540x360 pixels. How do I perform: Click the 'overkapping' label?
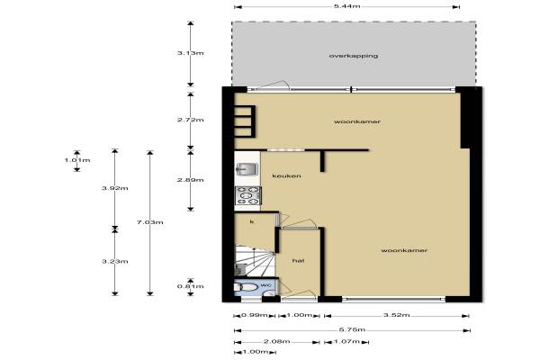coord(354,56)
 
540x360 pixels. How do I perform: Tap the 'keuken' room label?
coord(286,176)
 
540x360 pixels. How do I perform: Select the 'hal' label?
coord(298,261)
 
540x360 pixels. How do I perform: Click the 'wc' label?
coord(265,285)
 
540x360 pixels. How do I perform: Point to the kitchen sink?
coord(247,169)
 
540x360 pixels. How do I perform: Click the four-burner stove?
coord(248,195)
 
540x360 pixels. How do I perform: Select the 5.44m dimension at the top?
coord(346,6)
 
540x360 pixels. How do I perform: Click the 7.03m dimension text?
coord(149,222)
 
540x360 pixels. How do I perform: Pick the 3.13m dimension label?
coord(191,53)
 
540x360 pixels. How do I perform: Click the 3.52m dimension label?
coord(396,315)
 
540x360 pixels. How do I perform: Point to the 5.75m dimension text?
coord(352,330)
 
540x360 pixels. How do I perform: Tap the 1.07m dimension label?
coord(346,342)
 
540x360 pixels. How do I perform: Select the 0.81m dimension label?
coord(191,286)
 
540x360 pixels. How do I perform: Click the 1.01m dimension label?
coord(77,160)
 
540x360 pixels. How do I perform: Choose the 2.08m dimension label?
coord(276,342)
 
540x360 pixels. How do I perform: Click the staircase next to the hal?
coord(255,261)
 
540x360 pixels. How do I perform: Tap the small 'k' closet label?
coord(252,222)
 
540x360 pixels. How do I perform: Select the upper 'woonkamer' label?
coord(357,121)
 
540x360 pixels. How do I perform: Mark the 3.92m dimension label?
coord(115,188)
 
